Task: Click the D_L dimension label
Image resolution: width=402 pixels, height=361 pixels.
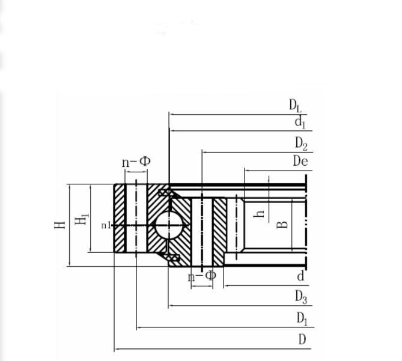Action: click(x=296, y=106)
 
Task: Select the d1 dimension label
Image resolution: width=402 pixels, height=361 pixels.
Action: click(x=300, y=122)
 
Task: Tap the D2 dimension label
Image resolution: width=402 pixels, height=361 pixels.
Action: click(x=301, y=144)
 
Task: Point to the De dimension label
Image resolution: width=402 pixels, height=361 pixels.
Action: click(x=300, y=161)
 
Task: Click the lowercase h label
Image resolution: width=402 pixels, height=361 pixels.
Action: click(x=259, y=213)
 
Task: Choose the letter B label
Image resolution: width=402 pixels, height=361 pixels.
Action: click(x=282, y=225)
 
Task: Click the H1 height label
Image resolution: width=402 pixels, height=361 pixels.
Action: click(x=82, y=219)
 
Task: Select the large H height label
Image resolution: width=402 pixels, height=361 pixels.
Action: click(x=59, y=225)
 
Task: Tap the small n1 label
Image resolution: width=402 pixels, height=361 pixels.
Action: click(x=106, y=225)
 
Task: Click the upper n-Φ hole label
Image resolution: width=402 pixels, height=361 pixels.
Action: click(x=136, y=162)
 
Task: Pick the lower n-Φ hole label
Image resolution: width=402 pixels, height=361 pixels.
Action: click(x=202, y=276)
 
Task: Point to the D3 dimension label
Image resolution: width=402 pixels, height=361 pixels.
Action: click(x=301, y=297)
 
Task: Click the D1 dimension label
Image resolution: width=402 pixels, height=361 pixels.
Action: click(x=302, y=318)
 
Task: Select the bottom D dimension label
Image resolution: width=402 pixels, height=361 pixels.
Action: click(x=302, y=339)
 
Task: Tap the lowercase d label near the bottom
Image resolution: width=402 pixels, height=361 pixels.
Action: click(x=300, y=276)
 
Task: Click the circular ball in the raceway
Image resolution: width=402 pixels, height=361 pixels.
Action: click(x=169, y=225)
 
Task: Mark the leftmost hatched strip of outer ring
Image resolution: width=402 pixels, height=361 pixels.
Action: click(x=120, y=218)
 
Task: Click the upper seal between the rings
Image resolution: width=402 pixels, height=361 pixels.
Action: click(x=164, y=193)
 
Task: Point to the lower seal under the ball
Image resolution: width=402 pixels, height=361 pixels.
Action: click(x=172, y=257)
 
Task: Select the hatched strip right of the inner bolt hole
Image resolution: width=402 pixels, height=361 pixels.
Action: click(x=220, y=232)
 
